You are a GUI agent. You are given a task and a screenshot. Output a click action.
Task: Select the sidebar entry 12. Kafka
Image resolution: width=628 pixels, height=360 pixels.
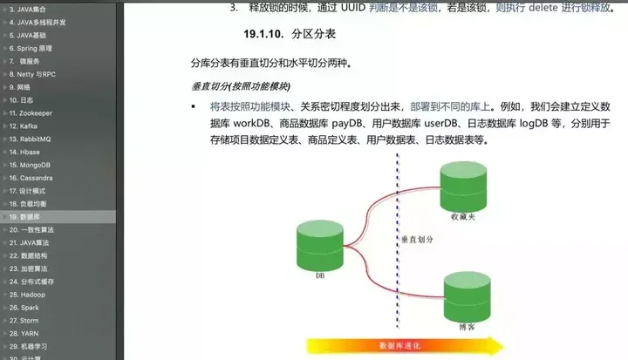[23, 126]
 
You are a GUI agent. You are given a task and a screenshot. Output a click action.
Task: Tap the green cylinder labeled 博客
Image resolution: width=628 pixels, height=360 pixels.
[466, 299]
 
